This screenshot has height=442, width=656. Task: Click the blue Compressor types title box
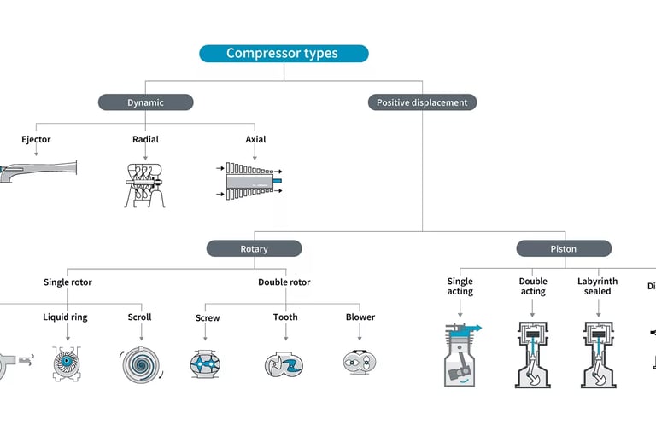click(x=284, y=54)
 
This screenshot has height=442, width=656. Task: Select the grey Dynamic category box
click(x=145, y=102)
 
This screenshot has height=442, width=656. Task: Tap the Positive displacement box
click(x=422, y=102)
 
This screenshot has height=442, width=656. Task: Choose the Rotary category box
click(x=254, y=249)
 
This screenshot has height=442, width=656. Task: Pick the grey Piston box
click(x=563, y=249)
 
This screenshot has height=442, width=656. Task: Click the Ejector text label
click(x=36, y=139)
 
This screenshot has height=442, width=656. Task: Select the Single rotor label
click(x=67, y=282)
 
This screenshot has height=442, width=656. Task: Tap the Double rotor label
click(x=284, y=282)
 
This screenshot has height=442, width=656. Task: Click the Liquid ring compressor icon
click(x=67, y=362)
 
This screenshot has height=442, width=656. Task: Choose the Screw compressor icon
click(x=208, y=363)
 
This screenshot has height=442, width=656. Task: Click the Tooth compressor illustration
click(x=284, y=363)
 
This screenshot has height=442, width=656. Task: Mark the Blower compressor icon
click(x=360, y=363)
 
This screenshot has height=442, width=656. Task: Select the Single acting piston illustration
click(x=461, y=353)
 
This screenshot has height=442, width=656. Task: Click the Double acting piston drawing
click(x=532, y=355)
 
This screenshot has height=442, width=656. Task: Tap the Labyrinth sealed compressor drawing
click(x=599, y=355)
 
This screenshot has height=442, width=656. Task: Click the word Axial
click(x=255, y=139)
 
